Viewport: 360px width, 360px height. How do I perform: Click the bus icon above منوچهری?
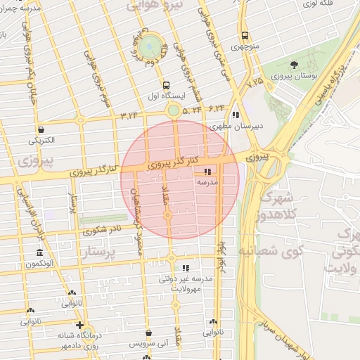[x=244, y=36]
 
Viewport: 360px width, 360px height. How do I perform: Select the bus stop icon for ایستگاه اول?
[x=165, y=86]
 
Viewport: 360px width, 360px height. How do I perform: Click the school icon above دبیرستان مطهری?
[x=236, y=115]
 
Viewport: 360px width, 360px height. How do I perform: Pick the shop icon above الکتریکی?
[x=41, y=129]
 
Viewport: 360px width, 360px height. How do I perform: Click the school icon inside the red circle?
[x=207, y=172]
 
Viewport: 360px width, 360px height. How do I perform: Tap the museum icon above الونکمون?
[x=39, y=253]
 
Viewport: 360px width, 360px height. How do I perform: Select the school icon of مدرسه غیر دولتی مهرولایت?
[x=186, y=268]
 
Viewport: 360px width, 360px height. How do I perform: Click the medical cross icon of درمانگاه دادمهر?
[x=80, y=326]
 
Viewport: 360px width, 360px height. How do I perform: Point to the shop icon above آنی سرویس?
[x=148, y=333]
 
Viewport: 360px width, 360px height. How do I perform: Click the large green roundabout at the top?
[x=148, y=47]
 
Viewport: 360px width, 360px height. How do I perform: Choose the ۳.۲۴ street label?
[x=129, y=114]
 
